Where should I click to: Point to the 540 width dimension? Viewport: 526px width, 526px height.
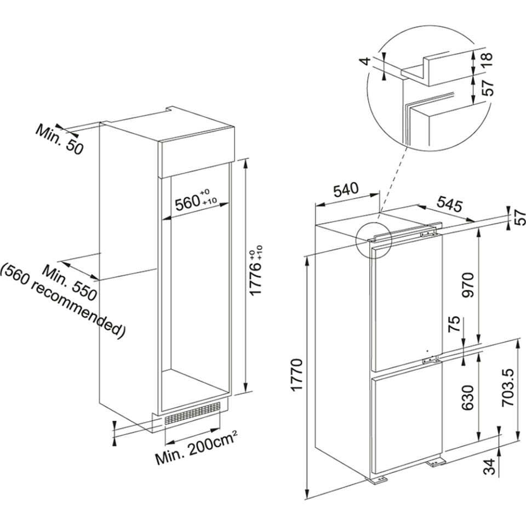[x=346, y=191]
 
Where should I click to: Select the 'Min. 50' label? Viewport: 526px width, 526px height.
[x=60, y=138]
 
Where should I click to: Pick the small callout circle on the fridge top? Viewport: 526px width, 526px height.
[x=373, y=240]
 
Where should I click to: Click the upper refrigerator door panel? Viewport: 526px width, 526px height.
[x=405, y=307]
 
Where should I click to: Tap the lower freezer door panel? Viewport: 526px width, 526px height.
[x=405, y=422]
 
